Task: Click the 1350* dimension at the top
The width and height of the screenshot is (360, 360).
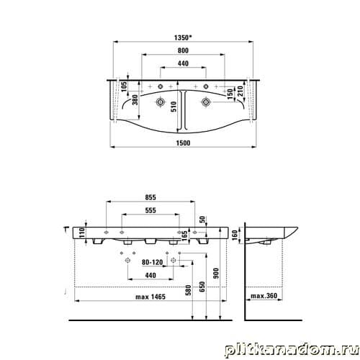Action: [184, 37]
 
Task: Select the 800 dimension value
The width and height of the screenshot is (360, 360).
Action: [183, 50]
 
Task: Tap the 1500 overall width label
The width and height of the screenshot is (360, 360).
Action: [183, 143]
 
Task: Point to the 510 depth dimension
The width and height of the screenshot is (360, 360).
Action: [174, 107]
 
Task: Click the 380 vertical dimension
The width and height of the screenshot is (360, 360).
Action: [135, 100]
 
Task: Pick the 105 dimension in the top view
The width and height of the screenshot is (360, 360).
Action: [124, 86]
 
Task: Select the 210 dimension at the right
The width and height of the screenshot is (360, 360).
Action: [240, 91]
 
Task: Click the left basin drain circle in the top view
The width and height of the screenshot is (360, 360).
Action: [160, 102]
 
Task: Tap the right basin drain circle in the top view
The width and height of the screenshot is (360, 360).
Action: [206, 102]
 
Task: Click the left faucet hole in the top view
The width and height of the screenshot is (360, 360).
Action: [161, 86]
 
